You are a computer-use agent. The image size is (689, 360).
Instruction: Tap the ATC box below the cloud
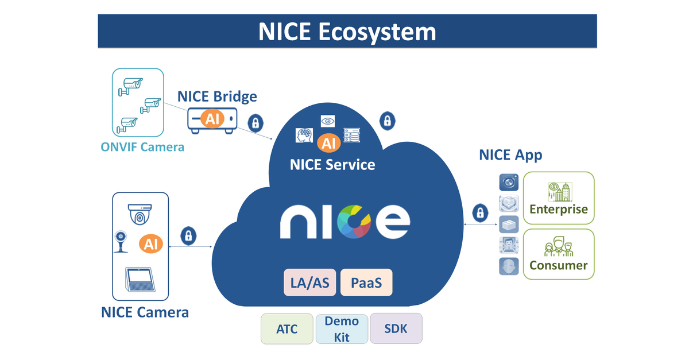(x=287, y=329)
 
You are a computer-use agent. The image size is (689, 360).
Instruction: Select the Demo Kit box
(x=342, y=329)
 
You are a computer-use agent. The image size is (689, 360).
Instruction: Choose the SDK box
(x=396, y=329)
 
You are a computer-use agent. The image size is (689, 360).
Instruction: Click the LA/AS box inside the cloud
(x=310, y=282)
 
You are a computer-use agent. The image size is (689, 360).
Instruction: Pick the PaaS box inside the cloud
(x=366, y=282)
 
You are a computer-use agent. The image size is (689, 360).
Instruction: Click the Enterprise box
(x=559, y=198)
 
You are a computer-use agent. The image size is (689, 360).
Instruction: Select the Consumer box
(x=559, y=254)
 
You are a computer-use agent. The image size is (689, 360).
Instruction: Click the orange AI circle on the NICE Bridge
(x=211, y=119)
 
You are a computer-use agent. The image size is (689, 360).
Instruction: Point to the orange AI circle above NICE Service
(x=328, y=142)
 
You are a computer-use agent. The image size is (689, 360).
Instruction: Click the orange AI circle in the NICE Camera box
(x=150, y=244)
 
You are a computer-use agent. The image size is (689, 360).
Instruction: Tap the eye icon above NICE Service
(x=327, y=121)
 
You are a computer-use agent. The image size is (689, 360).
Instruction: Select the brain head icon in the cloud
(x=304, y=136)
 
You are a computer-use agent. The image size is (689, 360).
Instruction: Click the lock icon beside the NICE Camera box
(x=188, y=235)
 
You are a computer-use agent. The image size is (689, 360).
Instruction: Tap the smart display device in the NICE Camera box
(x=140, y=280)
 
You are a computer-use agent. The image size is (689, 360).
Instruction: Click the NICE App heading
(x=510, y=155)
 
